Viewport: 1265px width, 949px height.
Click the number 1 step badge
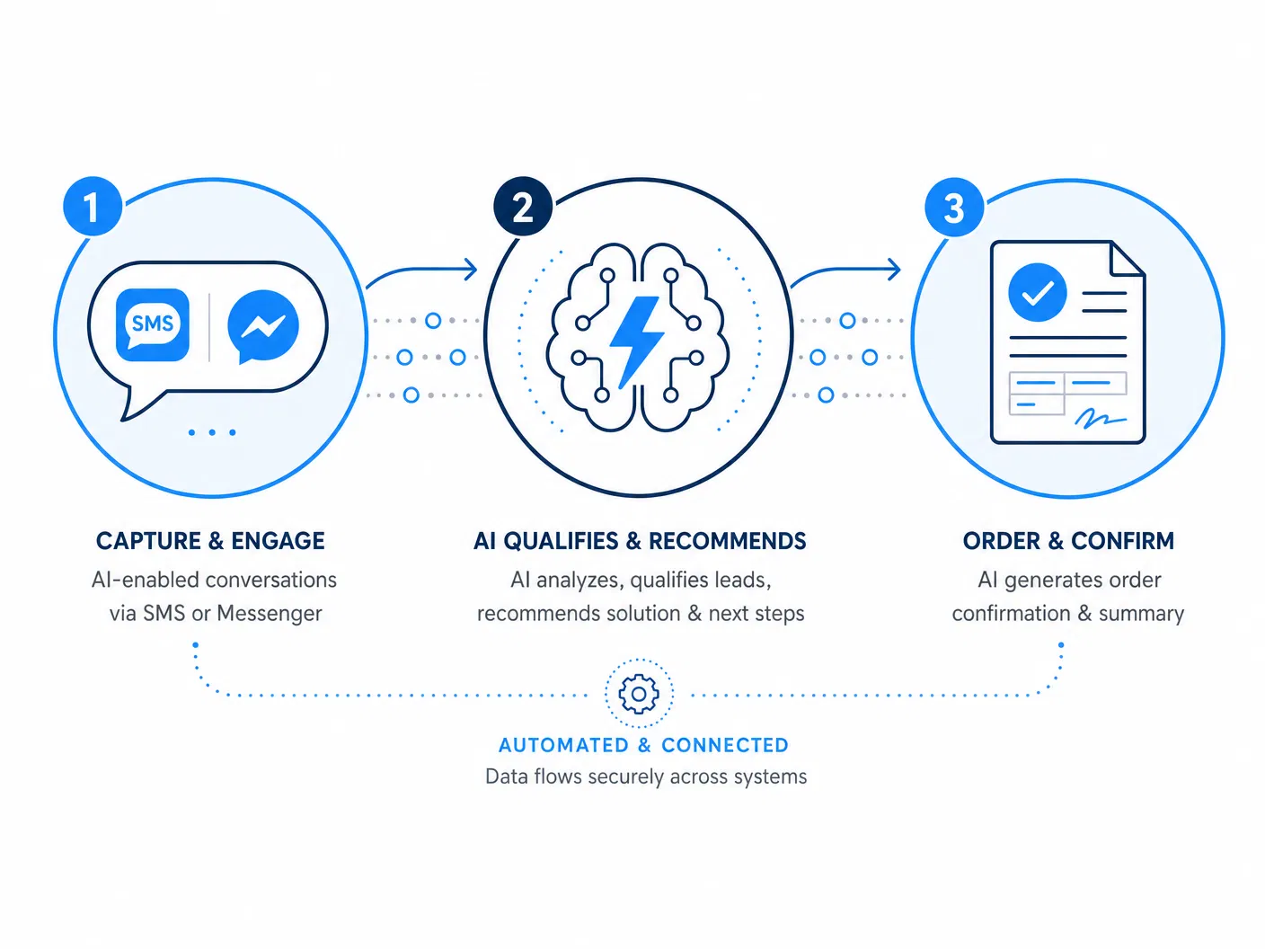[92, 207]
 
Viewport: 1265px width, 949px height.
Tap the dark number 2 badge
[523, 207]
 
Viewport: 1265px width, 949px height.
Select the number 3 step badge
[954, 208]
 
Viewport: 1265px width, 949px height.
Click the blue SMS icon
[153, 324]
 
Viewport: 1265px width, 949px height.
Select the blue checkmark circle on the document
[1038, 292]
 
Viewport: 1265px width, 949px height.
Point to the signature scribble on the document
[1099, 418]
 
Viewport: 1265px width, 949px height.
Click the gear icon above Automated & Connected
[639, 694]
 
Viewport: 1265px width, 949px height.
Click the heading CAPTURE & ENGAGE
[210, 541]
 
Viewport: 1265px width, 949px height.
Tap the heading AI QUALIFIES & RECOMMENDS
[640, 541]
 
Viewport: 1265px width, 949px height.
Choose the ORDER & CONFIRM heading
[1068, 541]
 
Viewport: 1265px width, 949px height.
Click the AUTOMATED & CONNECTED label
[643, 745]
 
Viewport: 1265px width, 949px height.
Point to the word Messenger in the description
[269, 614]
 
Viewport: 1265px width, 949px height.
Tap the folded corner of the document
[1127, 259]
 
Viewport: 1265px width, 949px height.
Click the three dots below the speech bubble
[212, 432]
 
